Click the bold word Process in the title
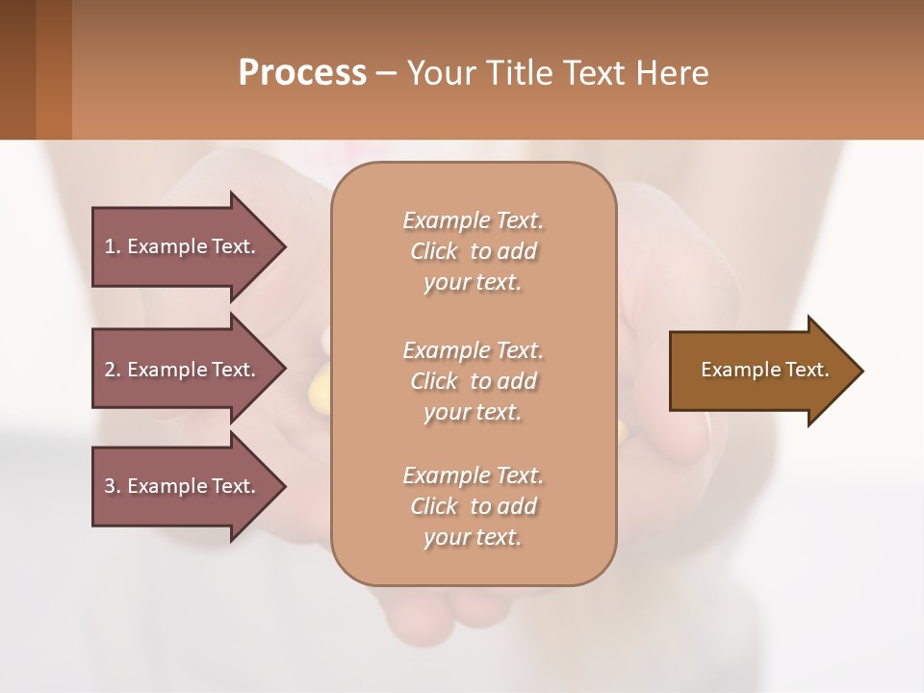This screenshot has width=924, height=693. coord(302,73)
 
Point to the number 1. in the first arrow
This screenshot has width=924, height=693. coord(113,246)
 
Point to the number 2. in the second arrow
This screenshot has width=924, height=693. coord(113,370)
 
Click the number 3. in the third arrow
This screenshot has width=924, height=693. coord(113,486)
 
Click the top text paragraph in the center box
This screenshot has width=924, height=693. coord(473,251)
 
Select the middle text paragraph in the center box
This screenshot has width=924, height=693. coord(473,381)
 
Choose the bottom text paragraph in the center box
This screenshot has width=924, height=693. coord(473,506)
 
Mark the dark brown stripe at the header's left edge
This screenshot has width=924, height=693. coord(17,69)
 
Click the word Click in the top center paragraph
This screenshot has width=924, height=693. coord(434,251)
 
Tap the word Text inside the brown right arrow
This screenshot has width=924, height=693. coord(808,370)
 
